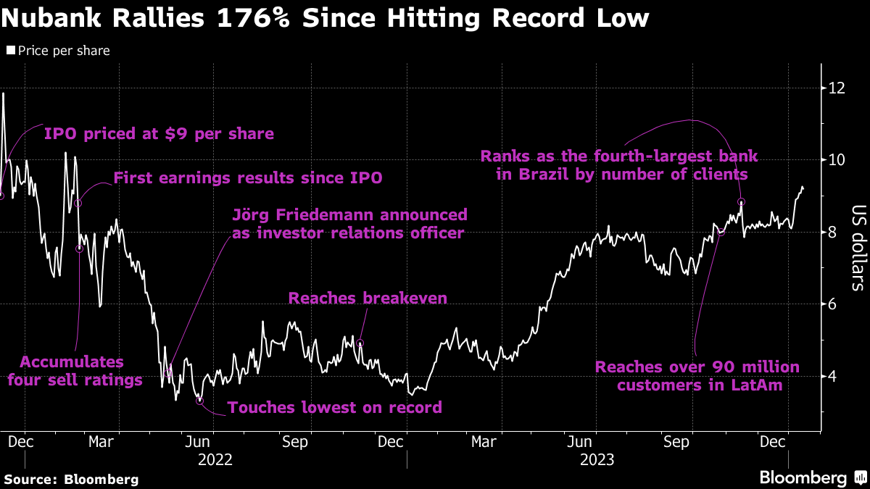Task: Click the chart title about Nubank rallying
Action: [325, 17]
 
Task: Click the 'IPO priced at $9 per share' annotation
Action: [159, 134]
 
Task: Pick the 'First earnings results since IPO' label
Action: [248, 178]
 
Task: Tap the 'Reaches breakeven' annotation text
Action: [368, 298]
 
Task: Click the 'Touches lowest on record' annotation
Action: [335, 408]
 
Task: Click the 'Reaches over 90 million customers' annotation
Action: [697, 376]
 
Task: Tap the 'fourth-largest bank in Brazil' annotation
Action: [619, 165]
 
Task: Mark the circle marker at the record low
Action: [199, 401]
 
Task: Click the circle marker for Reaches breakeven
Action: [360, 343]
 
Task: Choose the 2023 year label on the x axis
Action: [597, 459]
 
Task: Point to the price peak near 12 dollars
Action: [4, 93]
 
